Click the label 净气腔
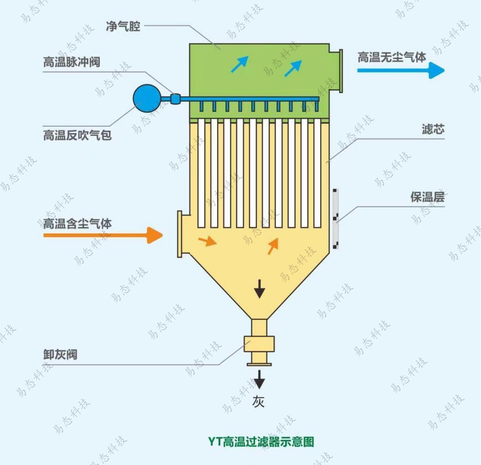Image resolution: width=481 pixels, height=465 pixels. click(x=123, y=27)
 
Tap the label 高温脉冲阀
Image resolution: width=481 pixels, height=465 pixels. click(x=72, y=62)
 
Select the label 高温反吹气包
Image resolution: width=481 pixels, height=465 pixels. click(x=77, y=135)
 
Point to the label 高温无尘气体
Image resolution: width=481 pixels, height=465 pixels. click(x=391, y=57)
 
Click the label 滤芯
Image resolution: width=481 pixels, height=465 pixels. click(x=433, y=129)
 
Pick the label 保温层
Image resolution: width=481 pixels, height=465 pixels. click(x=427, y=197)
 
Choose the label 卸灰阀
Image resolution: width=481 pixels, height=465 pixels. click(x=60, y=354)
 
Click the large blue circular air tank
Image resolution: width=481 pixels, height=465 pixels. click(x=147, y=99)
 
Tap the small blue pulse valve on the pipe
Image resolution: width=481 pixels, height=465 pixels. click(x=175, y=99)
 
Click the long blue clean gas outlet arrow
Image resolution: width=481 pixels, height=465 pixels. click(x=400, y=70)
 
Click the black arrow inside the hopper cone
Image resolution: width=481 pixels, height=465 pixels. click(x=259, y=289)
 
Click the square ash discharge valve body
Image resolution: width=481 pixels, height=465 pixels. click(x=259, y=344)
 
